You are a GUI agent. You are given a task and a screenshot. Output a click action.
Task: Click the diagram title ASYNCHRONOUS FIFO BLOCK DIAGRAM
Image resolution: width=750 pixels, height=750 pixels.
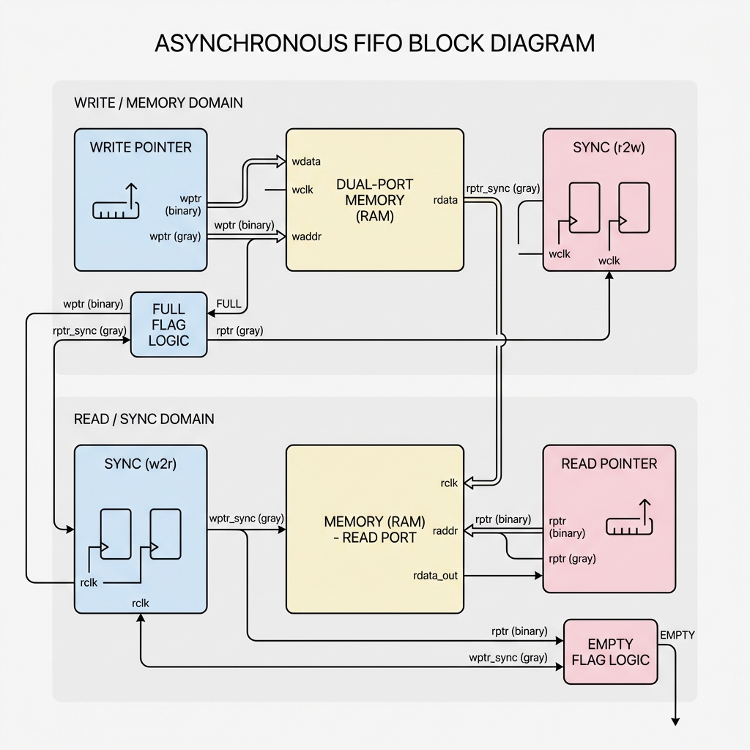[x=374, y=42]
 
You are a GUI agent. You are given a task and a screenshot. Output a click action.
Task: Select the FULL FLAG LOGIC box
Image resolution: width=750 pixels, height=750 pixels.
[x=168, y=324]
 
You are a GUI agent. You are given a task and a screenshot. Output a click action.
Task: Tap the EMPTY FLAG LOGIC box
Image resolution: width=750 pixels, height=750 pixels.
[x=610, y=652]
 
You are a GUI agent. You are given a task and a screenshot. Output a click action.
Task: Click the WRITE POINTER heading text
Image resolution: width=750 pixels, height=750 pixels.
[x=141, y=147]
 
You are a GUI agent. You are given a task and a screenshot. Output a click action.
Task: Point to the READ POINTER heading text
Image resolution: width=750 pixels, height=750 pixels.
[x=609, y=464]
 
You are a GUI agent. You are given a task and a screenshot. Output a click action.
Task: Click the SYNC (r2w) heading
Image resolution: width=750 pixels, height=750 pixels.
[x=609, y=147]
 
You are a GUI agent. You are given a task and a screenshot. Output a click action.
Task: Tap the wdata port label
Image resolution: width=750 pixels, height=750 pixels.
[x=306, y=161]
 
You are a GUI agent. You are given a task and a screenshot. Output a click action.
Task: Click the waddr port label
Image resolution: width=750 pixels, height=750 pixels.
[x=306, y=237]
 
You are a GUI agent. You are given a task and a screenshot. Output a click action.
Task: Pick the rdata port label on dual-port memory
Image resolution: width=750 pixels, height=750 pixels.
[x=446, y=199]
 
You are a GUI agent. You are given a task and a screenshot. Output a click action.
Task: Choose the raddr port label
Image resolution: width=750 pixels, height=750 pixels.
[x=445, y=531]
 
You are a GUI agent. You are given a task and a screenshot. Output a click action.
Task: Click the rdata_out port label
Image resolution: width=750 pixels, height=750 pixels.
[x=435, y=576]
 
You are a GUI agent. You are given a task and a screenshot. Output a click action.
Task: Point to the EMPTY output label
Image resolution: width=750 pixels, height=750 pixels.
[x=677, y=635]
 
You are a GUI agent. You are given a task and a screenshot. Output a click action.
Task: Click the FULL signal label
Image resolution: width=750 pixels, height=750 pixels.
[x=229, y=304]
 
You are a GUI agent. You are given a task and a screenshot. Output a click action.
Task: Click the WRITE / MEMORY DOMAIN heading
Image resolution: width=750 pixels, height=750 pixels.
[x=158, y=103]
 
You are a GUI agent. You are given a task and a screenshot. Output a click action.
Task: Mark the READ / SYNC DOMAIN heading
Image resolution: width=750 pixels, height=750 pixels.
[x=144, y=419]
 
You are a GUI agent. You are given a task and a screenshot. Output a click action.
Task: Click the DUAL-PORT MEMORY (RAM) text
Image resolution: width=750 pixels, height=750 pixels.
[x=374, y=200]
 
